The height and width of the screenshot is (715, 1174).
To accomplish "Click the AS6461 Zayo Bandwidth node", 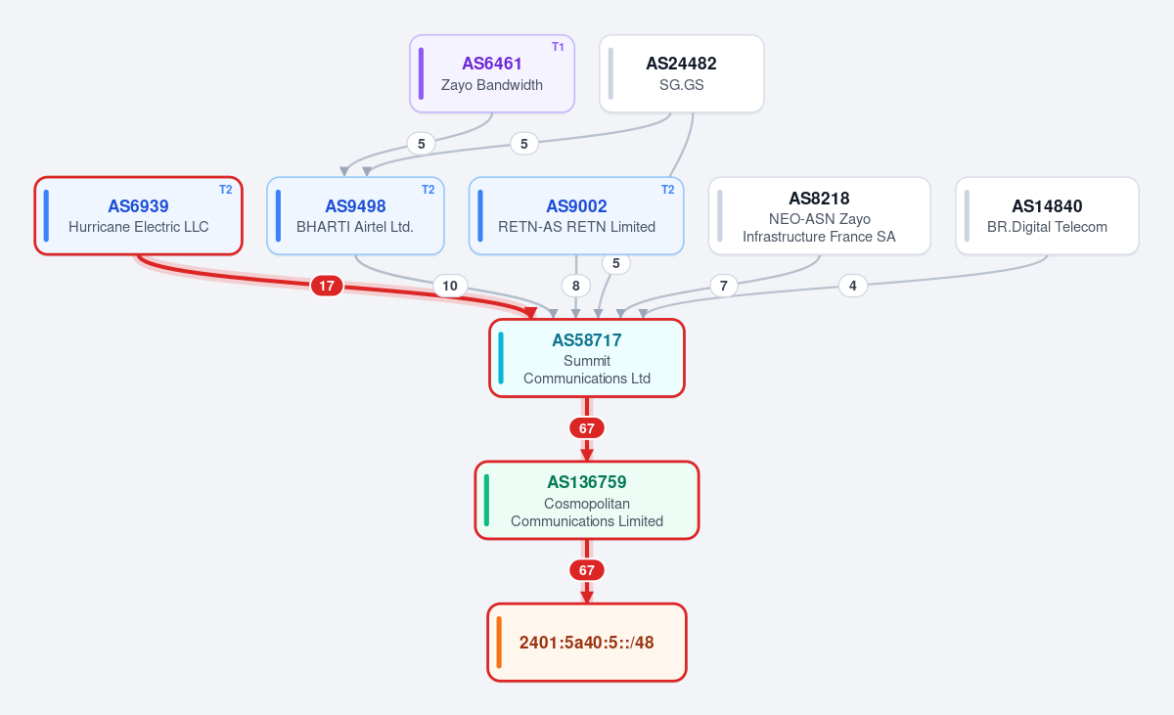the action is click(491, 73).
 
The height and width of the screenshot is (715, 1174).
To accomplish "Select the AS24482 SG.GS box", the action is click(681, 73).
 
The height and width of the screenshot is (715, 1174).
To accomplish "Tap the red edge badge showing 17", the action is click(327, 286).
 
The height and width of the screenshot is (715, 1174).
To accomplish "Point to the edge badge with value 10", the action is click(450, 286).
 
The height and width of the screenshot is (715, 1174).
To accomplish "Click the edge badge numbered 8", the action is click(576, 286).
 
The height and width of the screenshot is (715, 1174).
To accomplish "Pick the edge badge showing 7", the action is click(724, 286).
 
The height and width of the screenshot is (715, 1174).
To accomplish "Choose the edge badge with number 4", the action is click(853, 286).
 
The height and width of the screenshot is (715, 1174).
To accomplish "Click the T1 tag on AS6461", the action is click(558, 47).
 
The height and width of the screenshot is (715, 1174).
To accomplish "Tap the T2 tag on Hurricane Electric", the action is click(225, 190).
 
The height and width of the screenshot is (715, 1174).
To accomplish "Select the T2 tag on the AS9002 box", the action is click(667, 190).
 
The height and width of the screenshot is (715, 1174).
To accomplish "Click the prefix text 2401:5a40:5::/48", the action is click(586, 643).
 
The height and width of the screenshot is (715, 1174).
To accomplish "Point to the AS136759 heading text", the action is click(586, 482).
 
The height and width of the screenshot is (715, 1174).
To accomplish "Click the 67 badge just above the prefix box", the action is click(586, 570).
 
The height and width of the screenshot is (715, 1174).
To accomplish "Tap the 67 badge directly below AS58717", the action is click(586, 428).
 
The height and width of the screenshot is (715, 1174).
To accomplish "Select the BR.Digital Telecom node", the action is click(1047, 216).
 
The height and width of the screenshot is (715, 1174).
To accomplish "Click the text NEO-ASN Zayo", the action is click(819, 219).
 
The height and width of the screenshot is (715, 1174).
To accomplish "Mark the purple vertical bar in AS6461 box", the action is click(421, 73).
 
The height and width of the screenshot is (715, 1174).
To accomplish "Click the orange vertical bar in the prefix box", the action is click(499, 643).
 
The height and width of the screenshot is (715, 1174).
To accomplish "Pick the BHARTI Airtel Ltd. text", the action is click(355, 227).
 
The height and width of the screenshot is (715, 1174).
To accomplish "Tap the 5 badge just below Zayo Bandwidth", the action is click(421, 144).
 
